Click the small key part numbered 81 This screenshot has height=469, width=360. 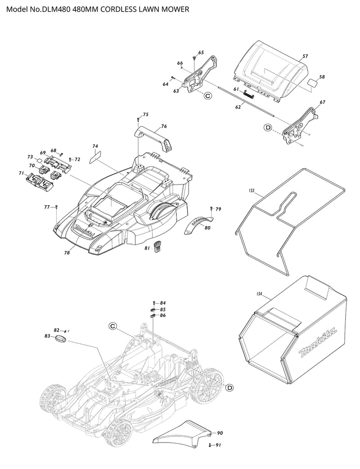(157, 247)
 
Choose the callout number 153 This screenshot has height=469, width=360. (252, 191)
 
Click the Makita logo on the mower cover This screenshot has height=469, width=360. (85, 230)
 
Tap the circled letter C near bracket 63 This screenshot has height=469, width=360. (207, 95)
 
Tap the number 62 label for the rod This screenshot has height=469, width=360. (238, 107)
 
